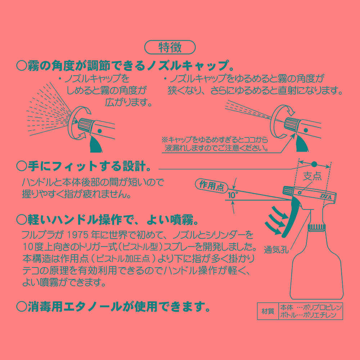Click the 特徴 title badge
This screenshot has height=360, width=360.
click(170, 47)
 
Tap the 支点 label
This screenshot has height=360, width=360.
click(312, 176)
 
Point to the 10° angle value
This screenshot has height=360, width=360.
click(233, 195)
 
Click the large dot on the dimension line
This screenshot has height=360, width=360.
click(314, 164)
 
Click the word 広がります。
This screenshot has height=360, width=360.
click(128, 102)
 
